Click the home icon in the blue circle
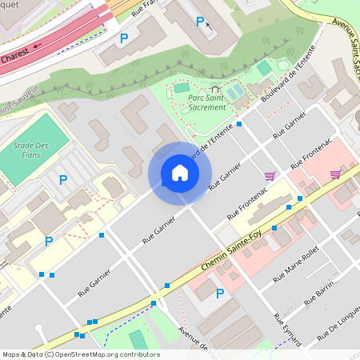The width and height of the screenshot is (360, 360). [180, 174]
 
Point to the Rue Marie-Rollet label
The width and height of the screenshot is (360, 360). [295, 265]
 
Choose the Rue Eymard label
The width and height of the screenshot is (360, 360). [288, 330]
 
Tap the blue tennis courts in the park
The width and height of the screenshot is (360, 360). [234, 93]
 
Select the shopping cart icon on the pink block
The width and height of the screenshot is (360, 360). [335, 174]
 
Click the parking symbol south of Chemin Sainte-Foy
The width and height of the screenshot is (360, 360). [220, 294]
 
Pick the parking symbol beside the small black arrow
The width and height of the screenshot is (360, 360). [200, 21]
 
